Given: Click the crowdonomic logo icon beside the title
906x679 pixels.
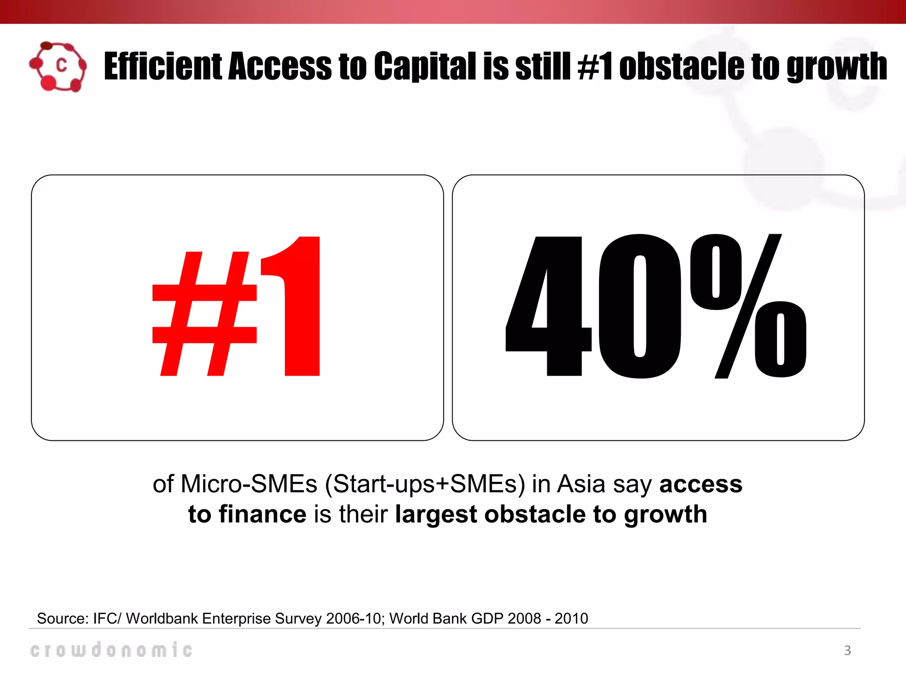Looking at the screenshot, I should (58, 67).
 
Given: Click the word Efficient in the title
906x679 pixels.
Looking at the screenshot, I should (162, 66).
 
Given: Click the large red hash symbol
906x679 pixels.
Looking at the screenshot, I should (204, 313).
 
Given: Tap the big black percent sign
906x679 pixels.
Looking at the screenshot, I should (747, 306).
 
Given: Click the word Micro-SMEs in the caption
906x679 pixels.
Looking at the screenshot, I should (249, 484).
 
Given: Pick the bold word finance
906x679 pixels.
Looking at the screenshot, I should (262, 514).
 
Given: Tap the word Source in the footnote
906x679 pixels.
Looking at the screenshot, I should (62, 618).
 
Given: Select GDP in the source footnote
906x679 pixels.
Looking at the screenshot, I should (487, 618).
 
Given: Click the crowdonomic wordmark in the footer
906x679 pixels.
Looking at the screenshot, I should (111, 649).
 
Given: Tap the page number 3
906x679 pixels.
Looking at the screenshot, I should (847, 650).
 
